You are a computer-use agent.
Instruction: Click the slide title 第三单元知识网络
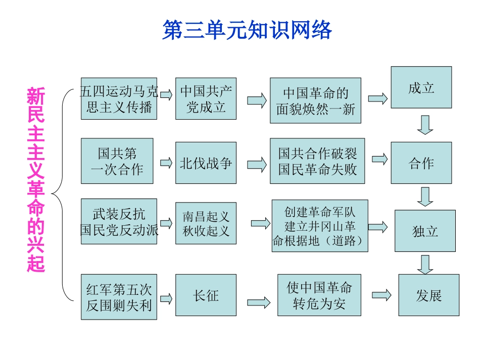pos(247,30)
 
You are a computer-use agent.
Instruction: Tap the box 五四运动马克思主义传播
pos(119,98)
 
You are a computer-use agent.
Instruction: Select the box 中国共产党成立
pos(206,98)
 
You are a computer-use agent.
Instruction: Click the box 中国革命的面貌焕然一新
pos(315,100)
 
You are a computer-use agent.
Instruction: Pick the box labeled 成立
pos(421,87)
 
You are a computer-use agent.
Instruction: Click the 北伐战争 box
pos(206,163)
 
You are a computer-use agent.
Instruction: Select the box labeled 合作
pos(421,163)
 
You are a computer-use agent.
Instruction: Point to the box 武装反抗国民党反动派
pos(119,222)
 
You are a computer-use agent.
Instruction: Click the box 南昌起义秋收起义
pos(206,223)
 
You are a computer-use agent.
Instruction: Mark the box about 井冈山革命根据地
pos(320,226)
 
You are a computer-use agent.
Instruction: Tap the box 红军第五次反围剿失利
pos(119,297)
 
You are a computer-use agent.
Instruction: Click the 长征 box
pos(206,295)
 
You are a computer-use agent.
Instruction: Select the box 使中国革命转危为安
pos(319,295)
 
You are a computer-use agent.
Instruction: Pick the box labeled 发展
pos(428,295)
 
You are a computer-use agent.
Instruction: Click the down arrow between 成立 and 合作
pos(425,125)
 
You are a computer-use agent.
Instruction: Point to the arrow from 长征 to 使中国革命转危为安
pos(258,302)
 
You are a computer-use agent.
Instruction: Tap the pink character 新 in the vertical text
pos(36,96)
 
